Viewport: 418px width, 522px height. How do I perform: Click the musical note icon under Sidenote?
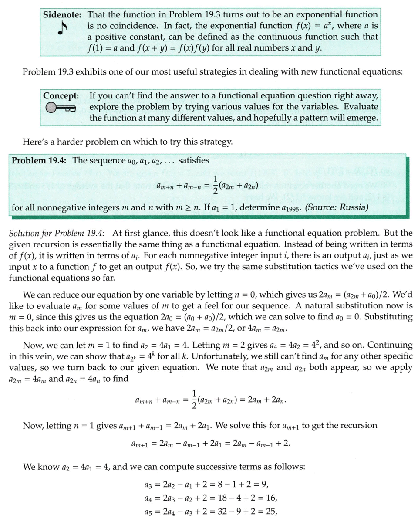pyautogui.click(x=61, y=29)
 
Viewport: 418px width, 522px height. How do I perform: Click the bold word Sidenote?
pyautogui.click(x=62, y=14)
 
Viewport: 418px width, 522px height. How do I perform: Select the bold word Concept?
pyautogui.click(x=61, y=95)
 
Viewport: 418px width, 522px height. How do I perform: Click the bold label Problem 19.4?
pyautogui.click(x=39, y=160)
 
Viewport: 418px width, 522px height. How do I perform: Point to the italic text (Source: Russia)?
pyautogui.click(x=336, y=207)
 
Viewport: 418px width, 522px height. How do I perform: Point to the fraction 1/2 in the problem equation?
pyautogui.click(x=215, y=185)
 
